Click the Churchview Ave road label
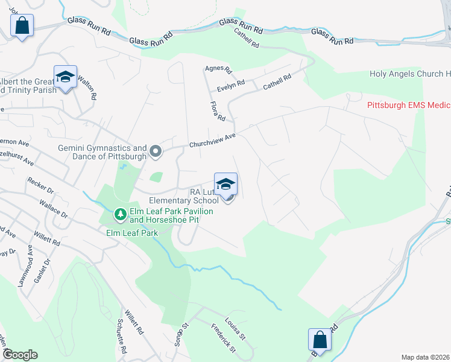212,140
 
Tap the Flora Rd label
217,110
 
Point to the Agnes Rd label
218,70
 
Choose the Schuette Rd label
122,341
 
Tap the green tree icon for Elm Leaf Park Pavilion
121,214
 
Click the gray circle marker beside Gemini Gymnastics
156,151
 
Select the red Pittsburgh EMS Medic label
409,105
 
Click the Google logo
19,355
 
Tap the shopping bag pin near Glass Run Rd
22,25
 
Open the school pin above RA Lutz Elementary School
225,184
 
